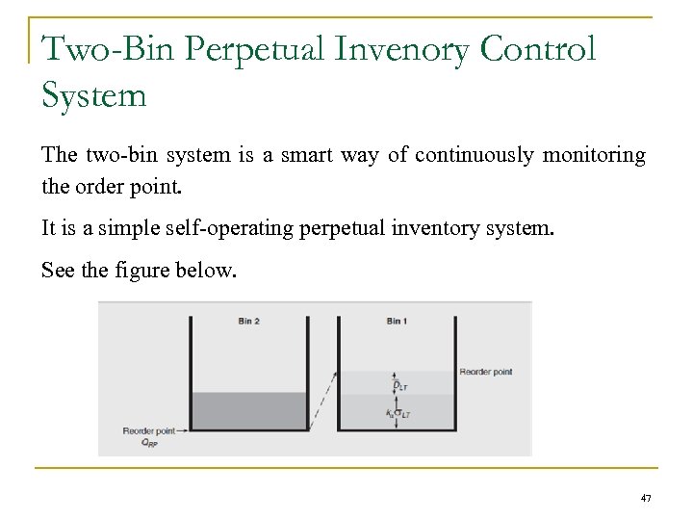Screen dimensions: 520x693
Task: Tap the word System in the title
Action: click(x=94, y=94)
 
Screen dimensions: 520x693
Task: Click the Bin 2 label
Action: click(x=248, y=322)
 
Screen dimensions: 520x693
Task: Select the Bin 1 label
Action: click(x=396, y=322)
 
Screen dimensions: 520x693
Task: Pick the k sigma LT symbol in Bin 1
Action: click(x=397, y=415)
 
